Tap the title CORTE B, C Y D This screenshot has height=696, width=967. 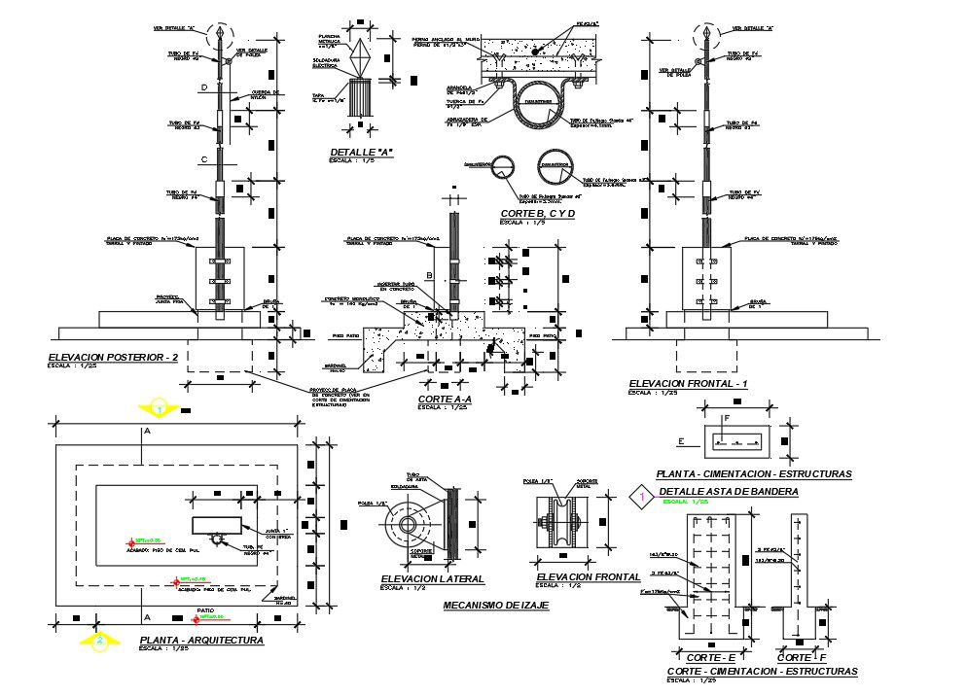[x=537, y=213]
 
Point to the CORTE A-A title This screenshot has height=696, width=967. [x=445, y=399]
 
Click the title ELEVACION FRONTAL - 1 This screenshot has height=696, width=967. [x=688, y=384]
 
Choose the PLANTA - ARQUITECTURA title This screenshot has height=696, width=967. [x=201, y=641]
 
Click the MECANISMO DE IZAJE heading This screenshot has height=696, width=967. [x=495, y=605]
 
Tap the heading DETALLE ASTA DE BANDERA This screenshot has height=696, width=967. [x=728, y=492]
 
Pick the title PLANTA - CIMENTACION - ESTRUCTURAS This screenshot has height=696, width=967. [x=754, y=474]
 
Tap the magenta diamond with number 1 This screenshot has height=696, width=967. [x=641, y=497]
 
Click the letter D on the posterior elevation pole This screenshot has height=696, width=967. [x=204, y=88]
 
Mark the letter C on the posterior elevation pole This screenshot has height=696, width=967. [x=204, y=158]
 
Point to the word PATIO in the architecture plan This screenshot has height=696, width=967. [x=205, y=610]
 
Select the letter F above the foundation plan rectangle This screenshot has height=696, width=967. [x=726, y=419]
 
